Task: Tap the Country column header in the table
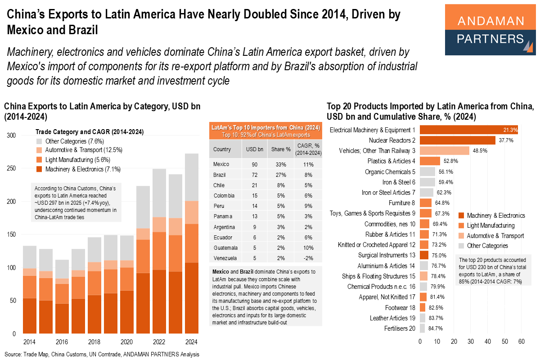[x=222, y=148]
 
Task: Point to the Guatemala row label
[x=225, y=247]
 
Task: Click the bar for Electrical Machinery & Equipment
[x=468, y=130]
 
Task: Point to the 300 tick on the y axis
[x=11, y=135]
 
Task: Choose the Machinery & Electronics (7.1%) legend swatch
[x=39, y=169]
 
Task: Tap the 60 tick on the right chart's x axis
[x=522, y=342]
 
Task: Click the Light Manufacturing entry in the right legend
[x=490, y=225]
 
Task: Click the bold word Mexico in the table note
[x=220, y=272]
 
